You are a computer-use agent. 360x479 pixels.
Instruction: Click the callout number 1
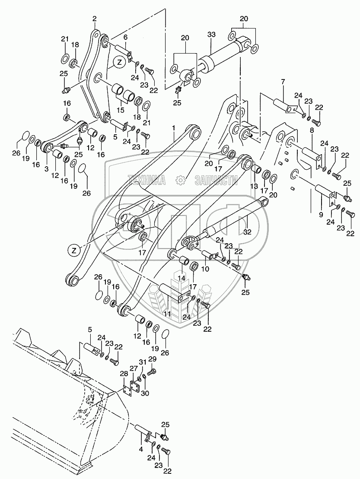(x=173, y=128)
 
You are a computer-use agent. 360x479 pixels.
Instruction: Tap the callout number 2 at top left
(x=95, y=18)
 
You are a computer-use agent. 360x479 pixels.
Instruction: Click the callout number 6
(x=125, y=38)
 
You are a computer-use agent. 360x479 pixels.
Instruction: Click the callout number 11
(x=167, y=313)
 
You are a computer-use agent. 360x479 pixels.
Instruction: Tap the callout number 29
(x=152, y=359)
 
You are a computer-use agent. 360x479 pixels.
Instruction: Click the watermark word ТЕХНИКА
(x=147, y=180)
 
